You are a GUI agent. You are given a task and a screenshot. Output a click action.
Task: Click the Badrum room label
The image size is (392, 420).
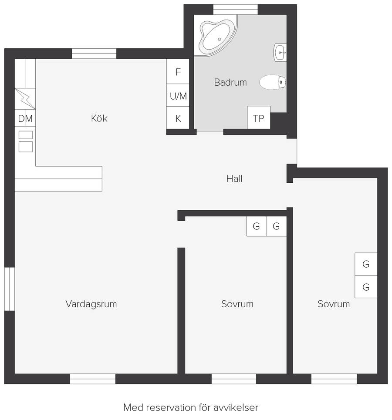(x=230, y=82)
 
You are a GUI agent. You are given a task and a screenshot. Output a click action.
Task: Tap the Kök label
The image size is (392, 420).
(x=99, y=118)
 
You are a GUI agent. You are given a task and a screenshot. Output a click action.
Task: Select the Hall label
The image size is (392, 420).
(x=234, y=178)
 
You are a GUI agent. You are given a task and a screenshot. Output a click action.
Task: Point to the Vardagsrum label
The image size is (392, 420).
(x=91, y=304)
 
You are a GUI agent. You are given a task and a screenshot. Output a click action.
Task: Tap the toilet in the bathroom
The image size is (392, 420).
(x=273, y=82)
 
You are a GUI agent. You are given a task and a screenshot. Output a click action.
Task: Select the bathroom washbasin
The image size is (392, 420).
(x=280, y=53)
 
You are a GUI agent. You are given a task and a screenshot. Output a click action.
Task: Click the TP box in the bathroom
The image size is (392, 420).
(x=259, y=118)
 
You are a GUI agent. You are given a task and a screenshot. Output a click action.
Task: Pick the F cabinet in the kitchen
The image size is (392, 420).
(x=178, y=71)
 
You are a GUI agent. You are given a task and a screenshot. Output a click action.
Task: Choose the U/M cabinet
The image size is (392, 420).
(x=178, y=95)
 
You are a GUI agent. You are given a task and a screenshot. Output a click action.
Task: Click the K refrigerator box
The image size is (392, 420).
(x=178, y=118)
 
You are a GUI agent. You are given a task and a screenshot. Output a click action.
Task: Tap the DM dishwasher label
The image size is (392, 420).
(x=25, y=118)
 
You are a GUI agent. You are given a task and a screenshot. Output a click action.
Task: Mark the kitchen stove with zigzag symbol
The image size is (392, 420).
(x=25, y=98)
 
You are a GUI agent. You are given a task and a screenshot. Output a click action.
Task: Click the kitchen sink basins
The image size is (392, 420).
(x=26, y=141)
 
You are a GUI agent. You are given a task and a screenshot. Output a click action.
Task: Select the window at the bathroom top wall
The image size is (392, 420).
(x=235, y=10)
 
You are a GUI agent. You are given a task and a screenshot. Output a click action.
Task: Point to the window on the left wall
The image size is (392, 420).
(x=10, y=289)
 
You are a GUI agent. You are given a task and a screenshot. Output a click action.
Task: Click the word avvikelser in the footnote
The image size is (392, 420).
(x=236, y=407)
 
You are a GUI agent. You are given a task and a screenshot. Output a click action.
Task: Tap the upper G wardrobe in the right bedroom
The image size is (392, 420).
(x=366, y=264)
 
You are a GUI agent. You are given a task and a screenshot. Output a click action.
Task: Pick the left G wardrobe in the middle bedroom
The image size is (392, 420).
(x=257, y=226)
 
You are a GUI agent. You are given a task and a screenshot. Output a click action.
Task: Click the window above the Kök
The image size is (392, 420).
(x=94, y=54)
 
